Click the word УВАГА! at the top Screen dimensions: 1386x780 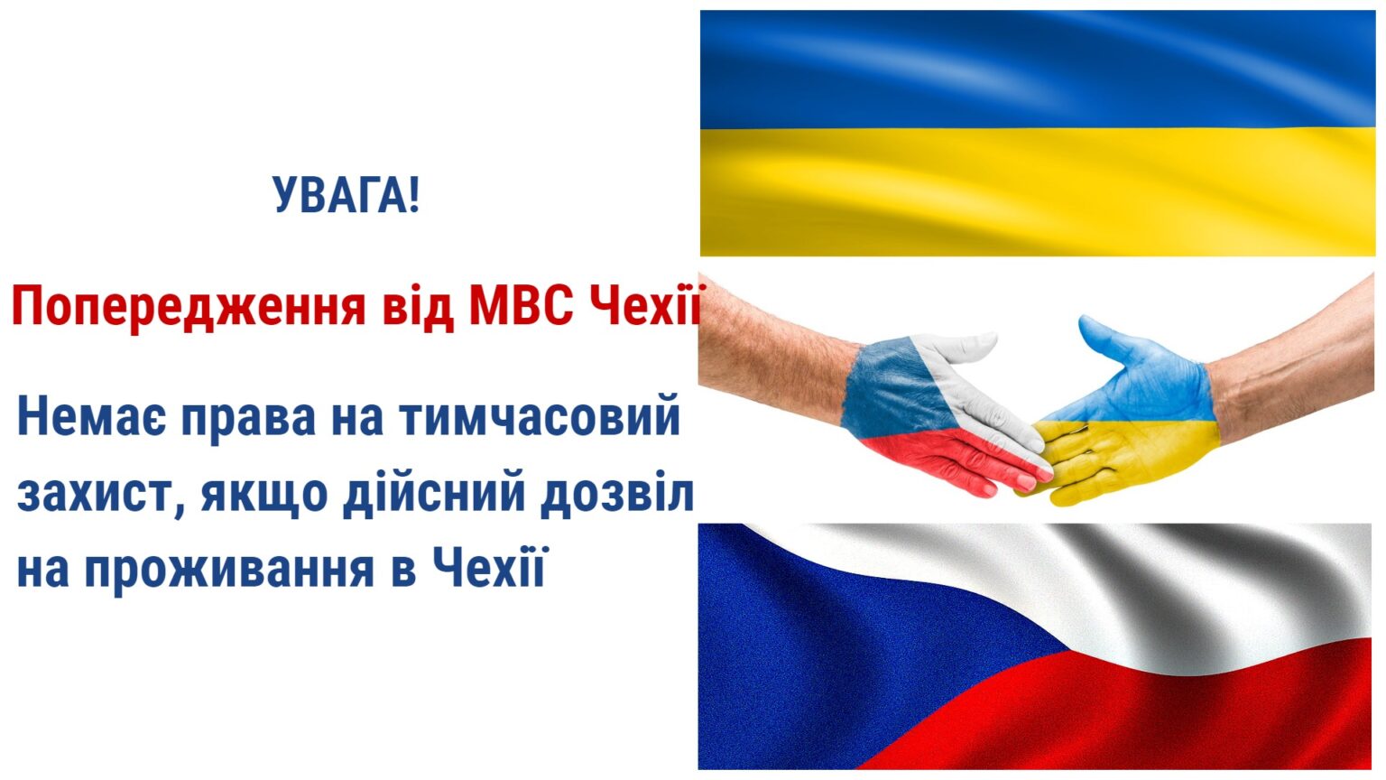tap(346, 195)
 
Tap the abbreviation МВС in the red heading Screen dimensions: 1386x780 tap(521, 306)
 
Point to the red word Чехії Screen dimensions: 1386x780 tap(643, 304)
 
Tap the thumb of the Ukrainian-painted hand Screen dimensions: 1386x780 tap(1105, 340)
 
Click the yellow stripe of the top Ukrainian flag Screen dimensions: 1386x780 tap(1037, 192)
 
